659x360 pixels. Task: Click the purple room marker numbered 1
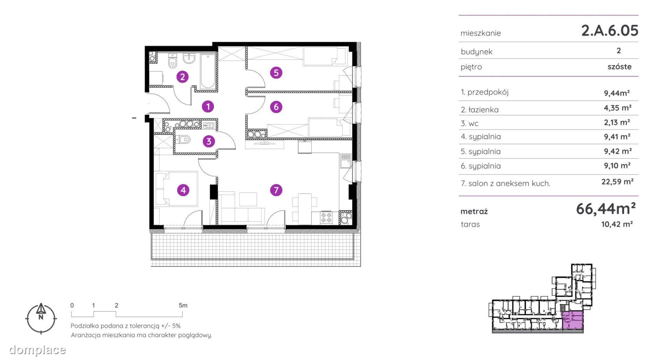[x=208, y=106]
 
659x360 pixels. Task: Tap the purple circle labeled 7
[x=276, y=190]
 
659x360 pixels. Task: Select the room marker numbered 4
[x=183, y=190]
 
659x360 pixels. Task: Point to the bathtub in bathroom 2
[x=208, y=71]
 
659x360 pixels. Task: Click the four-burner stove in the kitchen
[x=326, y=218]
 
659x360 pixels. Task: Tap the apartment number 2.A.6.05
[x=610, y=30]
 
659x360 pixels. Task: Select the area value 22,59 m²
[x=617, y=182]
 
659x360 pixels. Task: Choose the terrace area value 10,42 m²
[x=617, y=224]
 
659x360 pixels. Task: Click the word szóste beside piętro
[x=620, y=67]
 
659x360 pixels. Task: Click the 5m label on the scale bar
[x=183, y=305]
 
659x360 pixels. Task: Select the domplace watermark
[x=37, y=350]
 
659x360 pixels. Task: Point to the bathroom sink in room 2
[x=189, y=59]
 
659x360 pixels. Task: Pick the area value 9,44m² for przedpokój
[x=617, y=93]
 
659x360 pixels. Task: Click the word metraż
[x=474, y=211]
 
